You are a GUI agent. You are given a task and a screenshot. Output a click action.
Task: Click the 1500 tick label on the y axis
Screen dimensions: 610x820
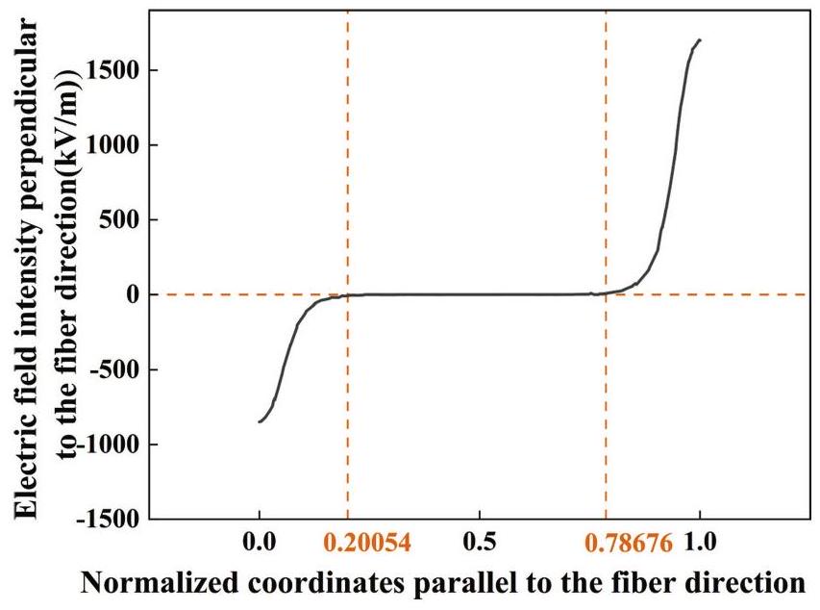tap(111, 70)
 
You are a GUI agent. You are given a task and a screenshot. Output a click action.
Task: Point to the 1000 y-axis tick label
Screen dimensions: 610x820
tap(111, 145)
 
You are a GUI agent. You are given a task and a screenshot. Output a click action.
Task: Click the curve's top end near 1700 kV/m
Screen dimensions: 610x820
tap(700, 40)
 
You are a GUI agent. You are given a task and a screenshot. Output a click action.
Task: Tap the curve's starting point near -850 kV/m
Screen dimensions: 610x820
tap(260, 421)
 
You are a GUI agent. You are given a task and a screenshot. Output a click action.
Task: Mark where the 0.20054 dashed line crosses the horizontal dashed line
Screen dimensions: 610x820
tap(348, 294)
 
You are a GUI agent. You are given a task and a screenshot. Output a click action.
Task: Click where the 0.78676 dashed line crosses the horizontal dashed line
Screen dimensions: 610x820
tap(606, 294)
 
